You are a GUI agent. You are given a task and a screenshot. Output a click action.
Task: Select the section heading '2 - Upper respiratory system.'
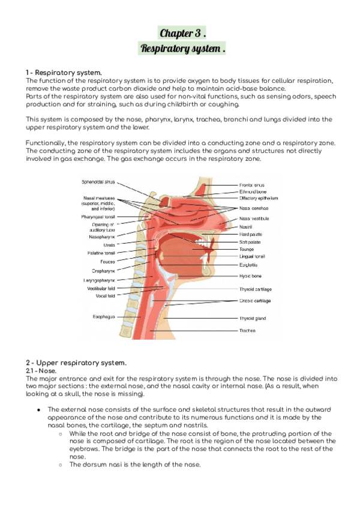click(76, 363)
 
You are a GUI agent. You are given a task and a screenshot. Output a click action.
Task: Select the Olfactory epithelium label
click(259, 198)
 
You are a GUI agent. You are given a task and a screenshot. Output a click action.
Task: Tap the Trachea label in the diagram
click(248, 330)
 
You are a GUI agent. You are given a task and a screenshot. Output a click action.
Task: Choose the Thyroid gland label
click(253, 318)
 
